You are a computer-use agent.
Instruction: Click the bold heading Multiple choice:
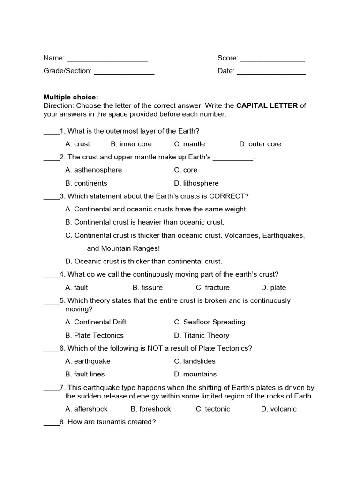coord(71,97)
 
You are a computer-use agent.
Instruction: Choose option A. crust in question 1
coord(78,144)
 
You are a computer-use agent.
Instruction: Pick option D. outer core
coord(260,144)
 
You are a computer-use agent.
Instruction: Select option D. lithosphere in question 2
coord(196,183)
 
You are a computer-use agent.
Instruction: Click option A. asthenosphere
coord(94,170)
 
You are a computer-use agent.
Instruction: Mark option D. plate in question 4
coord(273,287)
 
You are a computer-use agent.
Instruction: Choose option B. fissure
coord(148,287)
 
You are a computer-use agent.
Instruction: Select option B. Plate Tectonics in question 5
coord(94,335)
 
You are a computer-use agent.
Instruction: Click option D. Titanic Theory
coord(202,335)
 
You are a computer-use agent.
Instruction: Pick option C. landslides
coord(195,361)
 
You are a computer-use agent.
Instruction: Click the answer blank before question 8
coord(51,423)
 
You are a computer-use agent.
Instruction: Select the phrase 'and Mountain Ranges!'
coord(124,248)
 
